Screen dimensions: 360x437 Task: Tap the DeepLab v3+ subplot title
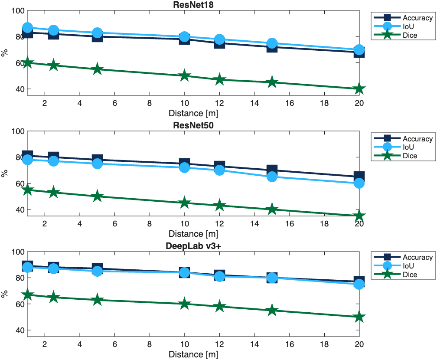(x=193, y=245)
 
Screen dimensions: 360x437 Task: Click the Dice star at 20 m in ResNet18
(x=359, y=89)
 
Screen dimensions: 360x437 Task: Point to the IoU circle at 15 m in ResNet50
(x=272, y=177)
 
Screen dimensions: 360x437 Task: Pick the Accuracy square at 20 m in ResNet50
(x=359, y=177)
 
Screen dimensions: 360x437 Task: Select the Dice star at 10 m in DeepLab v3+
(x=184, y=304)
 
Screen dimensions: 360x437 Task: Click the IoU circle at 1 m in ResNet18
(x=27, y=28)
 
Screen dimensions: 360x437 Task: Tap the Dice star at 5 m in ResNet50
(x=97, y=196)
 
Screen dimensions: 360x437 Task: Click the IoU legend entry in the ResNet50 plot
(x=407, y=147)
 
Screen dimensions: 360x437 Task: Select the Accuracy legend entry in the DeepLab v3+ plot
(x=417, y=257)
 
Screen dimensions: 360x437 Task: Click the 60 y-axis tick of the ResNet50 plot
(x=20, y=183)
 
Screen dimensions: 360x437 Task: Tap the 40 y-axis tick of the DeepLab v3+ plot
(x=20, y=330)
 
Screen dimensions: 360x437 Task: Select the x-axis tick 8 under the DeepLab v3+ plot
(x=150, y=344)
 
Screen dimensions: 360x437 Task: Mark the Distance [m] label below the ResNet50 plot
(x=193, y=234)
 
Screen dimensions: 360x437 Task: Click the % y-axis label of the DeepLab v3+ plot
(x=5, y=294)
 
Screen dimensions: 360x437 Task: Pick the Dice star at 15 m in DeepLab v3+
(x=272, y=310)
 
